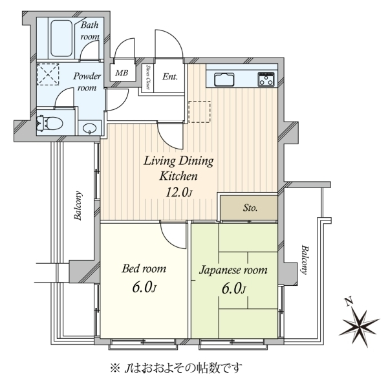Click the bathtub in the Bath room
coord(61,38)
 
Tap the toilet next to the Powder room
coord(50,123)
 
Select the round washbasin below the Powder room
coord(90,129)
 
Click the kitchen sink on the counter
coord(224,79)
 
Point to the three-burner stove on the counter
coord(266,79)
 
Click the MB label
coord(122,72)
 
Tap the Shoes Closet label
coord(147,78)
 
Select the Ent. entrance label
coord(170,76)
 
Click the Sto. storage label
coord(250,208)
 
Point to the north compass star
coord(360,325)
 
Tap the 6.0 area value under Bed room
coord(144,288)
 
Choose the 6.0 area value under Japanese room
coord(233,288)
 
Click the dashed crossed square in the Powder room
coord(48,74)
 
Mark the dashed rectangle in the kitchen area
coord(199,112)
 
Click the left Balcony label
coord(78,206)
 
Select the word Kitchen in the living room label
coord(178,176)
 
